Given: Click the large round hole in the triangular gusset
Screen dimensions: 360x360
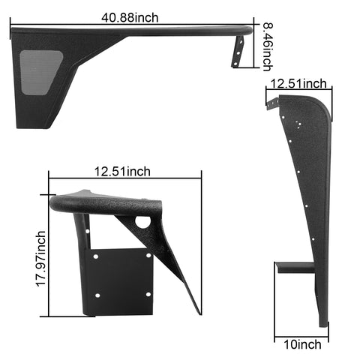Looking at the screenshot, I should coord(142,222).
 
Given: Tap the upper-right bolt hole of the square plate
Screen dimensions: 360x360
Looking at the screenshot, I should coord(147,256).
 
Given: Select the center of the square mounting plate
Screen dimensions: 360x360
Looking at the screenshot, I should coord(121,279).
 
